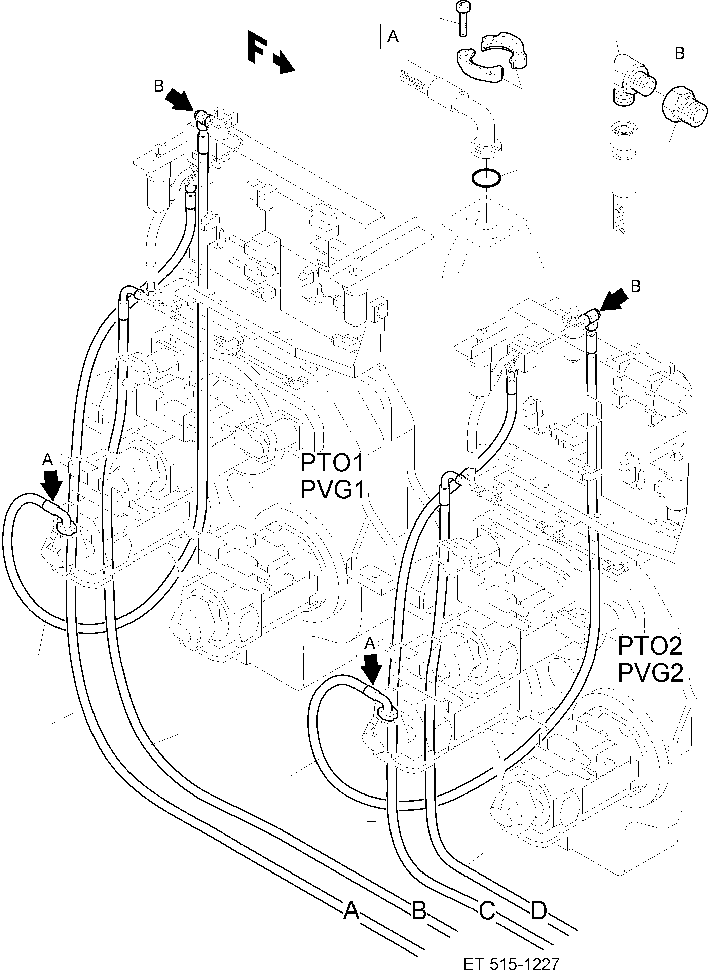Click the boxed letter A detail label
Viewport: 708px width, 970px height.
(393, 37)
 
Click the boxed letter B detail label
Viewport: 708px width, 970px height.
(680, 53)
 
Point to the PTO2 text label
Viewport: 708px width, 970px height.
(650, 646)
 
